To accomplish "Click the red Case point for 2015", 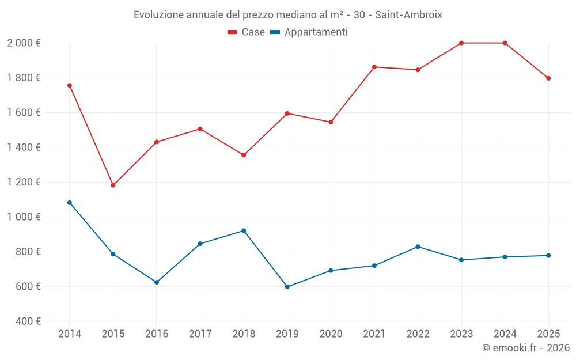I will [x=113, y=185].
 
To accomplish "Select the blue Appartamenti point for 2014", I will [x=70, y=203].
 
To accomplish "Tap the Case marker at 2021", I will [x=374, y=67].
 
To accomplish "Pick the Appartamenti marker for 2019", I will [x=287, y=287].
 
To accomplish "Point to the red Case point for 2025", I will [x=548, y=78].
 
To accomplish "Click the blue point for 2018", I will [x=244, y=231].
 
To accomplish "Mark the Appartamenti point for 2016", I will [x=157, y=282].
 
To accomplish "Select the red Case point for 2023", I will [x=461, y=43].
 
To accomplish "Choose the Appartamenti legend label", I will [x=316, y=32].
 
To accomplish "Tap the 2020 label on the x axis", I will [x=331, y=334].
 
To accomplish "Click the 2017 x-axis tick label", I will [x=200, y=334].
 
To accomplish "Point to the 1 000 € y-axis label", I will [x=24, y=217].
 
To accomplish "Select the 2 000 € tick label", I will [x=24, y=43].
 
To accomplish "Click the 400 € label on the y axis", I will [x=28, y=321].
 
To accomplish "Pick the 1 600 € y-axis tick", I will [x=24, y=113].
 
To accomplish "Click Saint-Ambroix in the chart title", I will [x=408, y=14].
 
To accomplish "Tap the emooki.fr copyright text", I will [x=525, y=348].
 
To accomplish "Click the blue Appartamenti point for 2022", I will [x=418, y=247].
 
